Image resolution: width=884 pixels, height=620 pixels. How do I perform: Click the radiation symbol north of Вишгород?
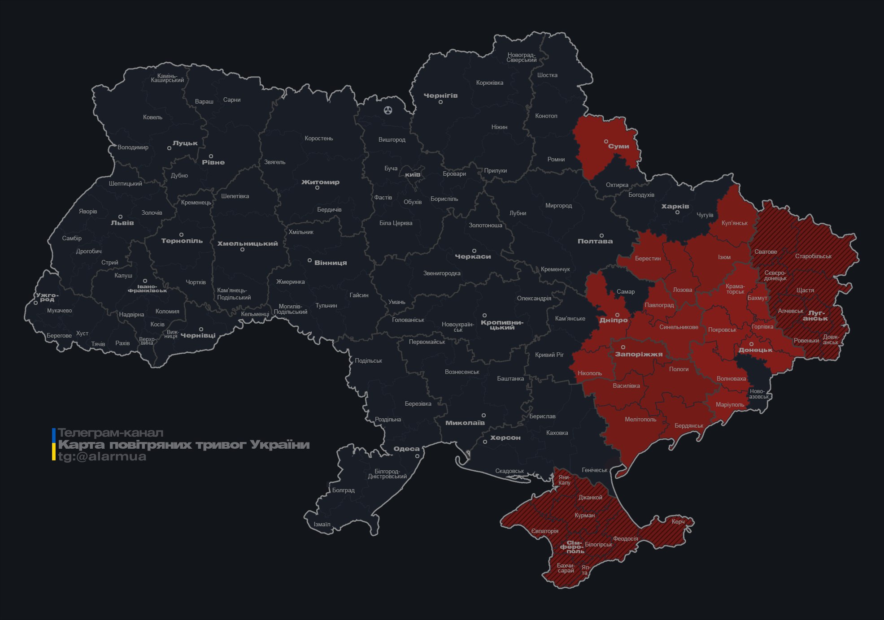tap(388, 110)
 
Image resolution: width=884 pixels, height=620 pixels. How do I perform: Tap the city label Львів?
tap(122, 223)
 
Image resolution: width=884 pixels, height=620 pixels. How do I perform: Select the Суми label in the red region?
tap(618, 147)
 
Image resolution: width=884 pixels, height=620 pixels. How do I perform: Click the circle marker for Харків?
tap(677, 212)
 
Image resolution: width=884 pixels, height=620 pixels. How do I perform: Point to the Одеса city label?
tap(406, 449)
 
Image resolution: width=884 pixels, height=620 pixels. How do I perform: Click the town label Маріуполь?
tap(730, 405)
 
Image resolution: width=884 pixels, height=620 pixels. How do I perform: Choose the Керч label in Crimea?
tap(678, 521)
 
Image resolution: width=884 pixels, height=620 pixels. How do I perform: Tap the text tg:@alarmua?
tap(102, 457)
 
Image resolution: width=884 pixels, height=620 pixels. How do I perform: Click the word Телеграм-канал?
tap(110, 433)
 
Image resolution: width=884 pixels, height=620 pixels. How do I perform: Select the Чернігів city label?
tap(440, 95)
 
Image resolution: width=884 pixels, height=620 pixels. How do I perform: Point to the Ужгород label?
tap(47, 297)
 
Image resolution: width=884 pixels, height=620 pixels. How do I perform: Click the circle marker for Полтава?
tap(601, 235)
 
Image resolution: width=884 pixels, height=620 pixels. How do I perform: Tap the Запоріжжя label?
tap(639, 355)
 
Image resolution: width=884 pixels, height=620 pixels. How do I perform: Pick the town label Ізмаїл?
tap(322, 524)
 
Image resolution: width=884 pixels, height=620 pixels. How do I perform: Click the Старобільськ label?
tap(813, 256)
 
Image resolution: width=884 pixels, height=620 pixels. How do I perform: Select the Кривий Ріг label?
tap(549, 355)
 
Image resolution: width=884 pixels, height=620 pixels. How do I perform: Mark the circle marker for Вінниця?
tap(309, 260)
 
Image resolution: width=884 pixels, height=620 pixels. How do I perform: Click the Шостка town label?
tap(547, 75)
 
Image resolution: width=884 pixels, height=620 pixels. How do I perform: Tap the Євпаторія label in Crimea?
tap(544, 531)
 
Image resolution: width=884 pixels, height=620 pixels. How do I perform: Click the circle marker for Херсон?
tap(485, 442)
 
